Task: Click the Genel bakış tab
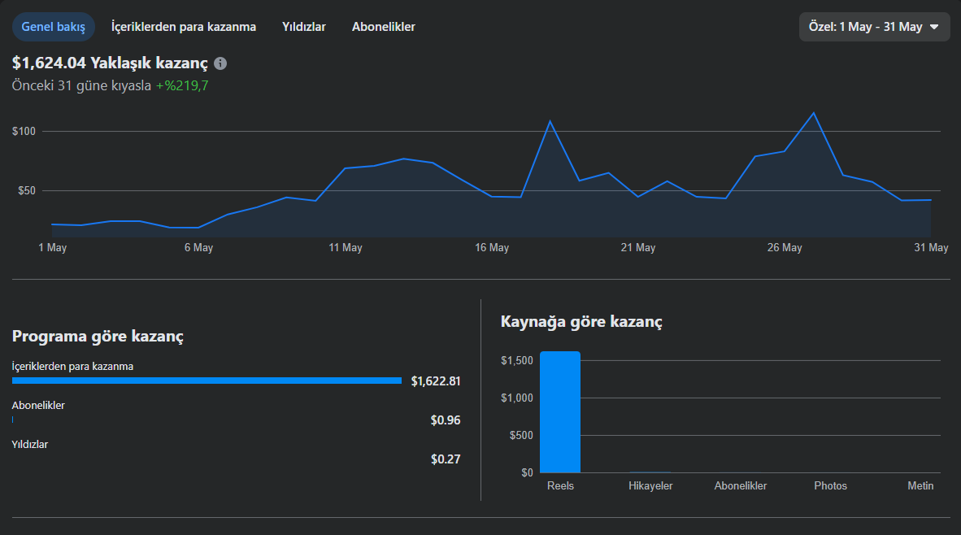coord(54,27)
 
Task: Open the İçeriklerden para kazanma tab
coord(183,27)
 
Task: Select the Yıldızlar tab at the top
coord(304,27)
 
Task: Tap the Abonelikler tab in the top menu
coord(383,27)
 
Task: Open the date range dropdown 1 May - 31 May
coord(874,27)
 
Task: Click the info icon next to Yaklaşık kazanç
coord(220,63)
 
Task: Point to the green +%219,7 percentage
coord(182,86)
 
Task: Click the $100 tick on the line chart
coord(24,131)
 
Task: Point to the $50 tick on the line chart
coord(27,190)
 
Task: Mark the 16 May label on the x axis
coord(492,248)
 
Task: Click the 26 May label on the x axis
coord(785,248)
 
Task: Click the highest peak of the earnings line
coord(813,113)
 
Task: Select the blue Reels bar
coord(560,412)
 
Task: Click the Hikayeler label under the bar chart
coord(650,485)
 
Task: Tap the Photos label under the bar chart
coord(830,485)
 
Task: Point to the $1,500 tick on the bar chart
coord(517,360)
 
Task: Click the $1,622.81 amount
coord(436,381)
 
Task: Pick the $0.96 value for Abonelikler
coord(446,420)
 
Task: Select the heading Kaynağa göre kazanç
coord(581,322)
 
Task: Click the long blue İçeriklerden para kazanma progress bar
coord(207,381)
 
